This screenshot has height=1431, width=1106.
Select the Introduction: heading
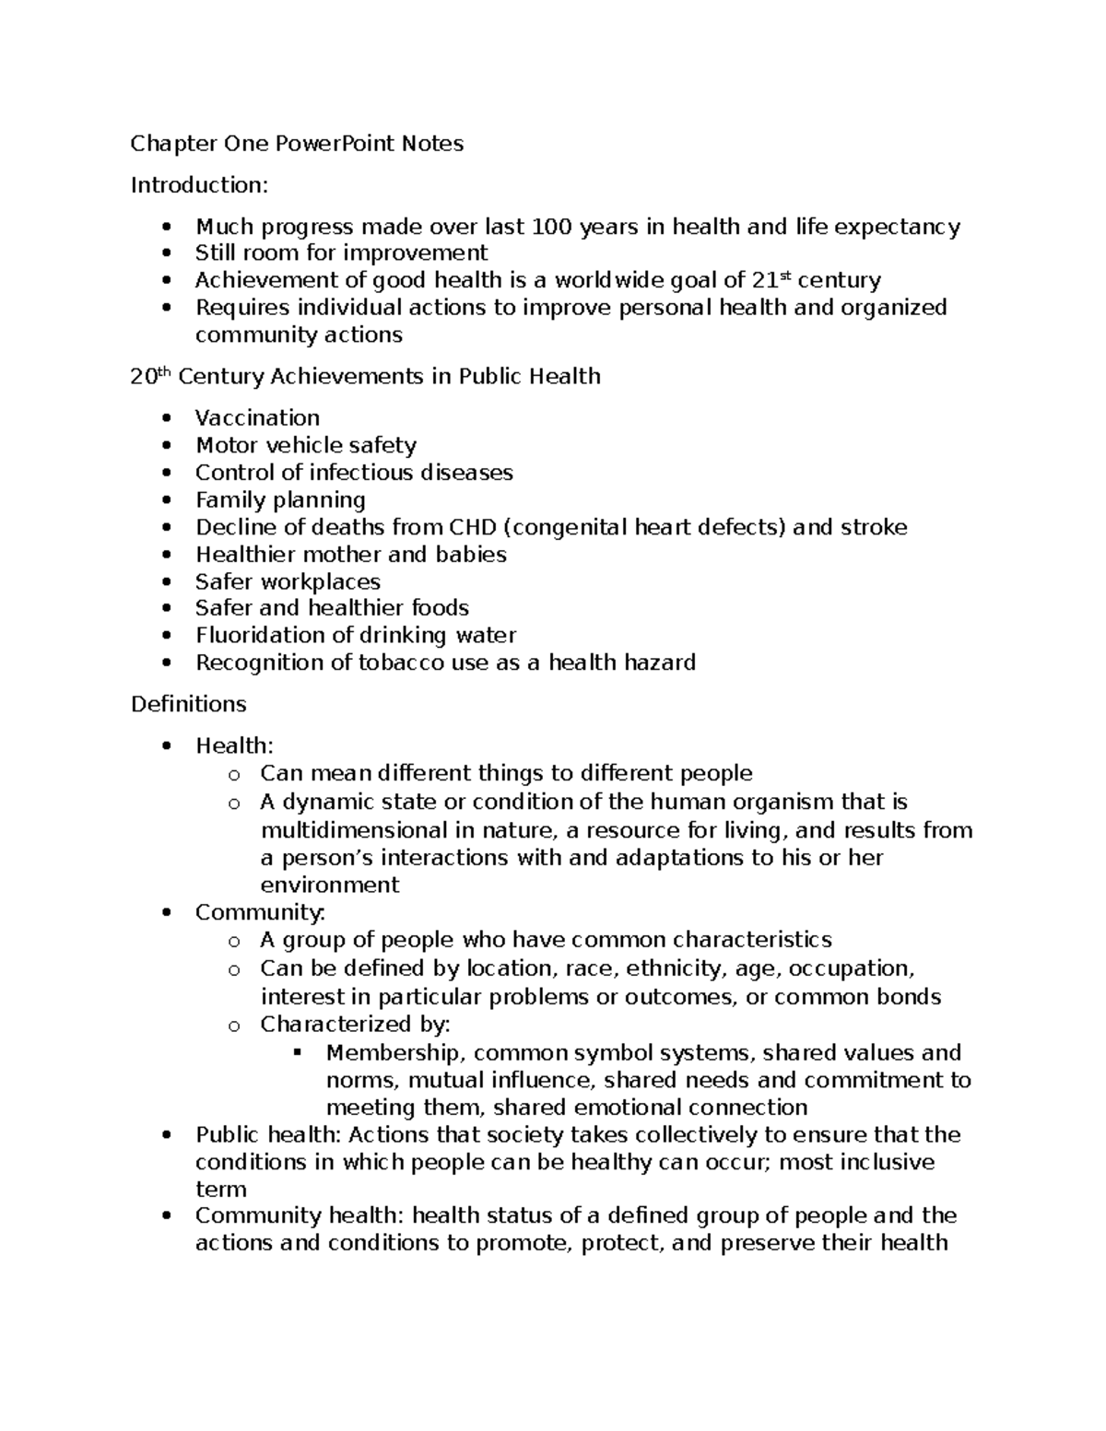199,185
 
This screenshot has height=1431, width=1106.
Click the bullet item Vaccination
257,418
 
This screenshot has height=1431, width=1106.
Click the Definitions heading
188,704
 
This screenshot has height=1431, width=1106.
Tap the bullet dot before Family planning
166,501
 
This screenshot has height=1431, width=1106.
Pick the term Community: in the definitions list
260,912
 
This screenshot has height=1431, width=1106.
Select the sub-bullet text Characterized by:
355,1025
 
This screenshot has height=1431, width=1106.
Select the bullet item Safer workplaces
288,582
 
